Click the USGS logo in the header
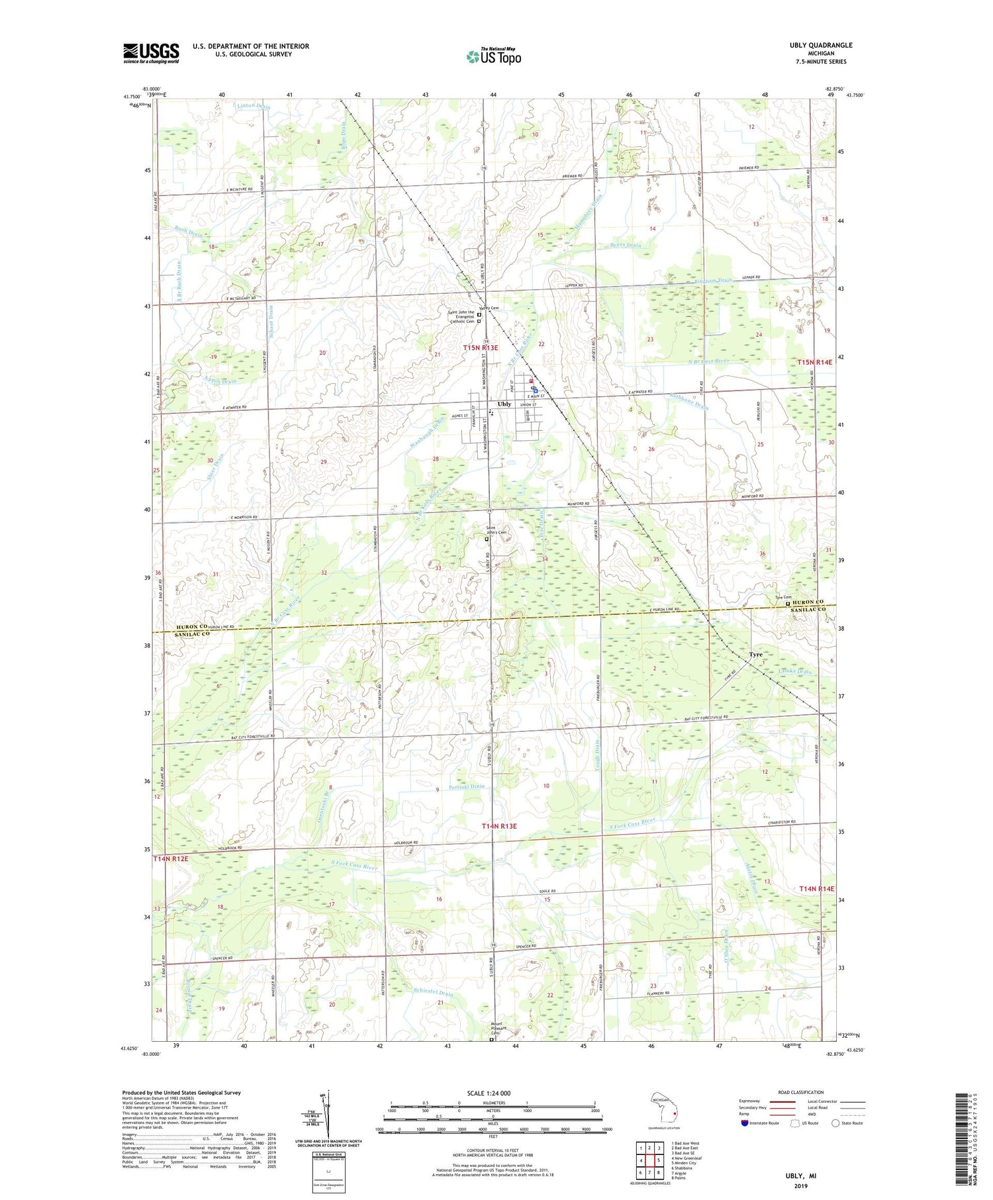[x=151, y=53]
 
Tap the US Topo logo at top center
[x=493, y=57]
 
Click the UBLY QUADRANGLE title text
[x=820, y=45]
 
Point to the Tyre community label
[x=755, y=655]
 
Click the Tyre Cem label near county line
[x=783, y=597]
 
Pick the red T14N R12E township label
[x=171, y=858]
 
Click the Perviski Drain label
[x=466, y=787]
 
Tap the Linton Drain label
[x=253, y=106]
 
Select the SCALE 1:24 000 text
[x=493, y=1093]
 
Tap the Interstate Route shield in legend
[x=744, y=1123]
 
